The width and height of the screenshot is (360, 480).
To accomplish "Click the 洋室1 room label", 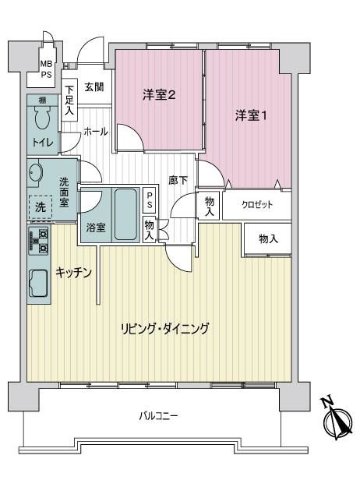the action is point(251,115).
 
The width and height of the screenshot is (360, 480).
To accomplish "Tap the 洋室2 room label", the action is point(159,95).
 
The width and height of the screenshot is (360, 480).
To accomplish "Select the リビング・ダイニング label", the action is point(164,329).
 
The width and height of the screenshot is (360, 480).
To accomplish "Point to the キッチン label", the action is point(73,272).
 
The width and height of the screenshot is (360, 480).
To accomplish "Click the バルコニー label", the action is point(158,416).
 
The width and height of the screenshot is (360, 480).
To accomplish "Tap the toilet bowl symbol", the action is point(42,118).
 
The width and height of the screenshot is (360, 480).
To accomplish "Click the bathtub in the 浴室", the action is point(125,214).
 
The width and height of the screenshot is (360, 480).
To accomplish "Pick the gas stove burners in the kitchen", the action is point(39,242).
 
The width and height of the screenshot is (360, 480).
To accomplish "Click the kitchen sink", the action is point(38,283).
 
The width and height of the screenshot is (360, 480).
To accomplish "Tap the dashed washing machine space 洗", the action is point(40,207).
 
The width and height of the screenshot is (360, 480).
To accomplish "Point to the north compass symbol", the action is point(337,420).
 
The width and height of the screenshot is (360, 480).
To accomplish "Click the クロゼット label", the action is point(257,204).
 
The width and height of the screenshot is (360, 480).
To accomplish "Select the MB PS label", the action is point(47,69).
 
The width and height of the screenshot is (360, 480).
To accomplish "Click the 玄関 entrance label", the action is point(94,87).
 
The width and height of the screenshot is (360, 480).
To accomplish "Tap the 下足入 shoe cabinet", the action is point(69,100).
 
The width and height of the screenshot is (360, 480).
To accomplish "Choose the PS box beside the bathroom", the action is point(150,200).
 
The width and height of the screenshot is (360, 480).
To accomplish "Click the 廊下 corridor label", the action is point(178,180).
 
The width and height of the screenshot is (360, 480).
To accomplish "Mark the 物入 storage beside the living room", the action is point(268,238).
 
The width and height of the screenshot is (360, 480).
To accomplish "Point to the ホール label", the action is point(96,132).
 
